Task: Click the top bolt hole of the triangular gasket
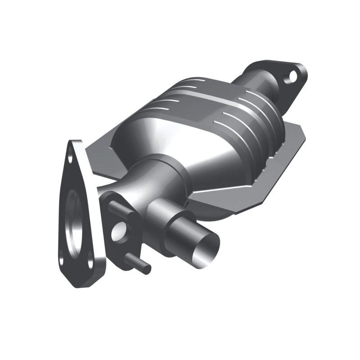[x=71, y=157]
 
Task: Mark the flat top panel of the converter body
[x=202, y=94]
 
